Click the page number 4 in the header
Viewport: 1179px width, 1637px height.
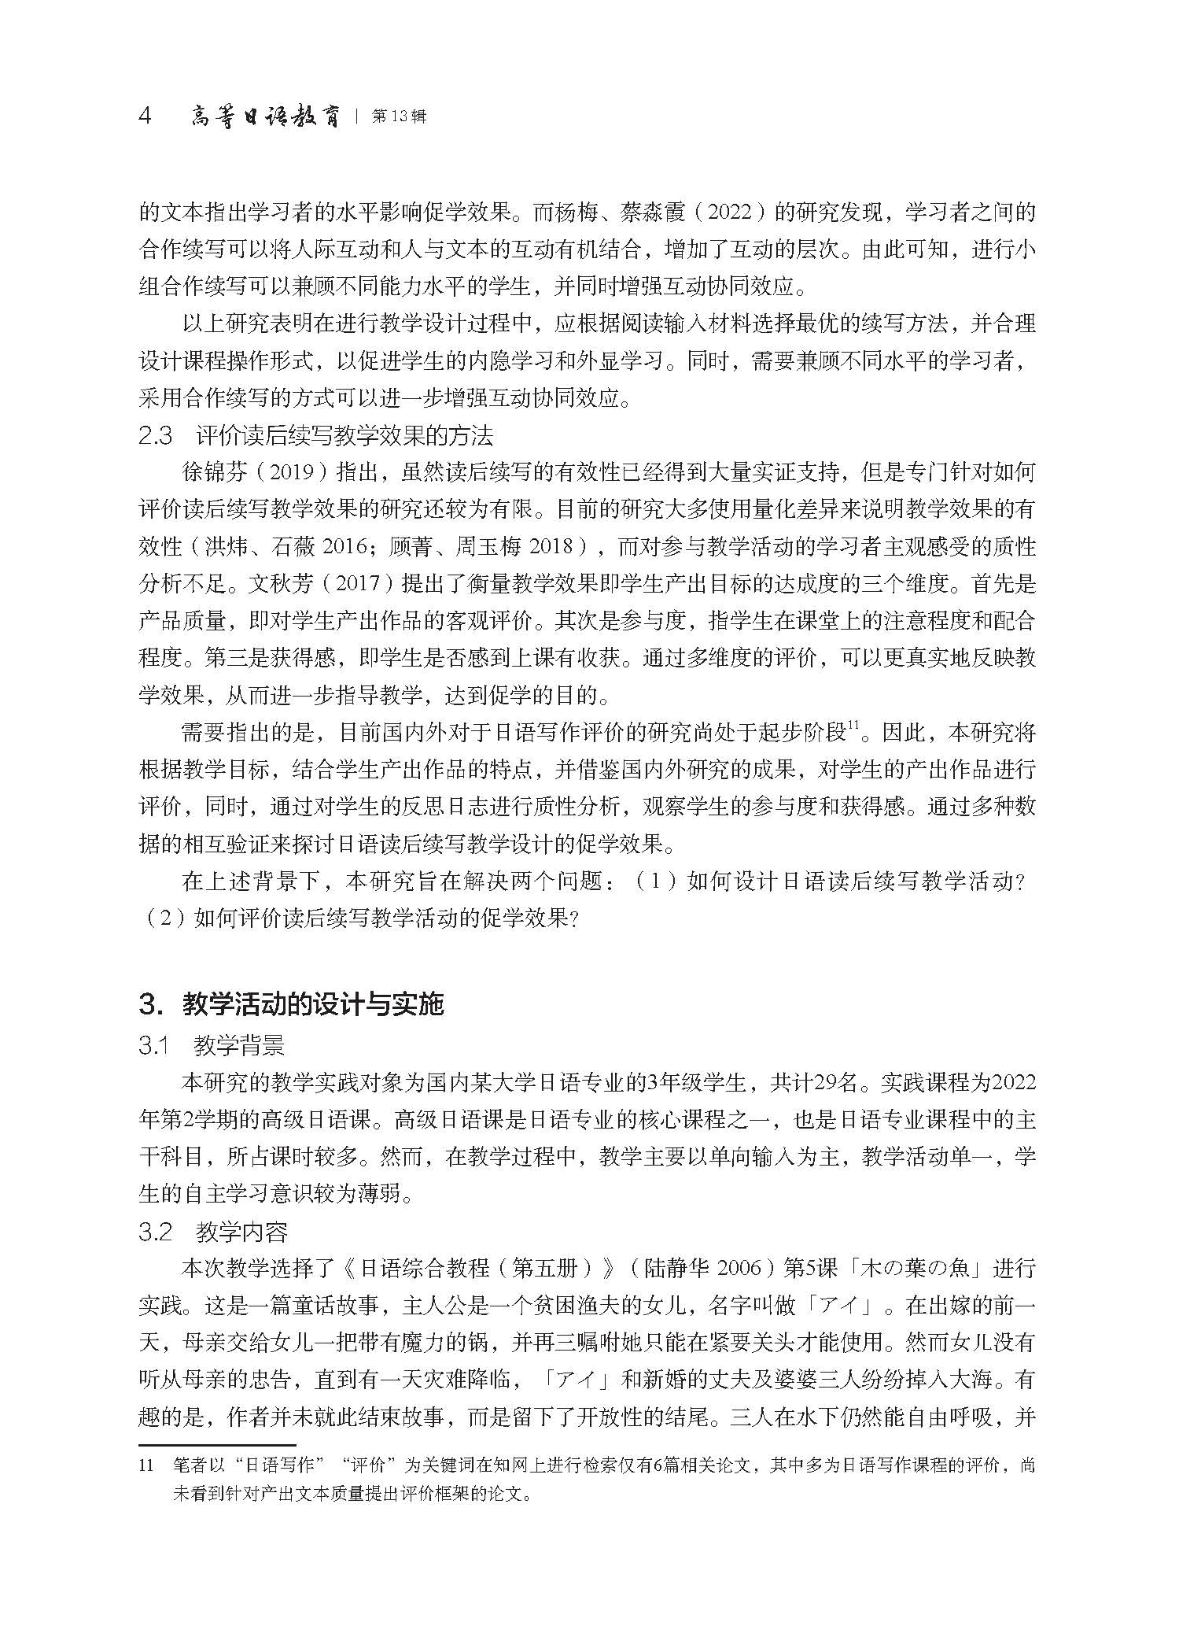(145, 117)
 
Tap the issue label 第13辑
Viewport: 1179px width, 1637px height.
(400, 117)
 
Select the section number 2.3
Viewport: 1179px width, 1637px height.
(155, 435)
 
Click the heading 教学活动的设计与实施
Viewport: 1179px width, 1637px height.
(313, 1004)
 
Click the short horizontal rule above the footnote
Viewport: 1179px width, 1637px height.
(216, 1445)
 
